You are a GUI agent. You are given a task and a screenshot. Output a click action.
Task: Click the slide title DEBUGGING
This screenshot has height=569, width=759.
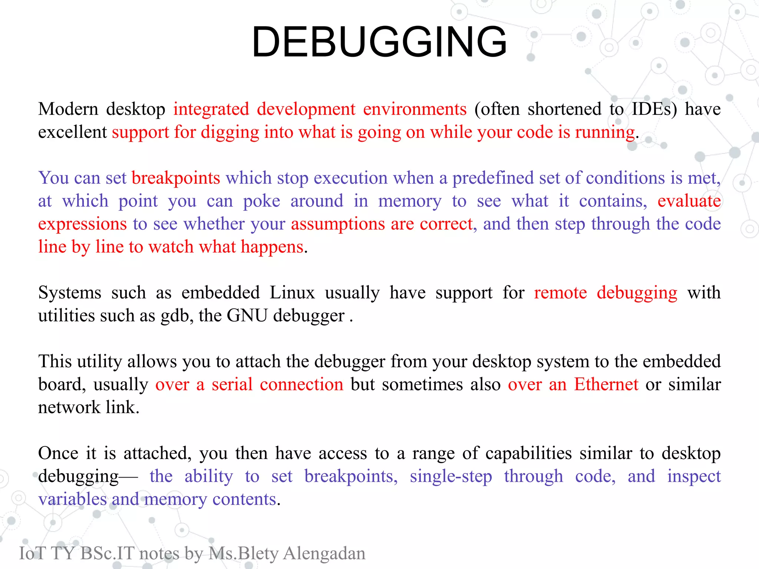(x=379, y=41)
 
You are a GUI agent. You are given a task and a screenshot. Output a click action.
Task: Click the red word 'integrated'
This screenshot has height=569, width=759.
(x=211, y=109)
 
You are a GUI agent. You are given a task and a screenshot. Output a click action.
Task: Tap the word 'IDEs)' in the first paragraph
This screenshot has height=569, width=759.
(x=654, y=109)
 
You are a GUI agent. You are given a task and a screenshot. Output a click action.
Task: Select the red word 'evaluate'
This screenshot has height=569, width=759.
(x=689, y=201)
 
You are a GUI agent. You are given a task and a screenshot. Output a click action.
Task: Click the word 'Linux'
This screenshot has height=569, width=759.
(x=292, y=293)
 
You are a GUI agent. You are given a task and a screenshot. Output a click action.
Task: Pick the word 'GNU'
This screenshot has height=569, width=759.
(x=247, y=316)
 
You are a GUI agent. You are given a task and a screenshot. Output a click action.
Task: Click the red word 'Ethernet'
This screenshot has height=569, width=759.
(x=606, y=385)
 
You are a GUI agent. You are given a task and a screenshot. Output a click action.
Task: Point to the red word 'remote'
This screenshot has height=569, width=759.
(x=560, y=293)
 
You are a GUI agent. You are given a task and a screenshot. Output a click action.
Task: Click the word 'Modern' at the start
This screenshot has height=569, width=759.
(x=68, y=109)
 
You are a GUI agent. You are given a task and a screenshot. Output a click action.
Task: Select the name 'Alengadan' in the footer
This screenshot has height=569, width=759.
(x=324, y=553)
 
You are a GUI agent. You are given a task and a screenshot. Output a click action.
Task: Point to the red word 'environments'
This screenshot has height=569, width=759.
(x=415, y=109)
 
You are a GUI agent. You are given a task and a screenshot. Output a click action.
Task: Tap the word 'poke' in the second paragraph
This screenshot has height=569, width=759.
(x=261, y=201)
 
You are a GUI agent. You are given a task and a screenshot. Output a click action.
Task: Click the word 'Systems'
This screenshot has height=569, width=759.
(x=70, y=293)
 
